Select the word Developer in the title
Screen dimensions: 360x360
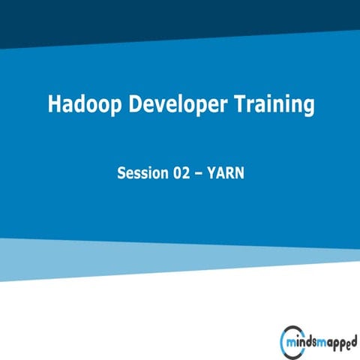coord(178,105)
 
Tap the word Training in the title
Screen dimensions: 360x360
coord(277,105)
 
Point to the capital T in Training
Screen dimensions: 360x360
coord(244,105)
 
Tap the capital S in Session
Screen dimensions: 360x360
coord(121,173)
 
